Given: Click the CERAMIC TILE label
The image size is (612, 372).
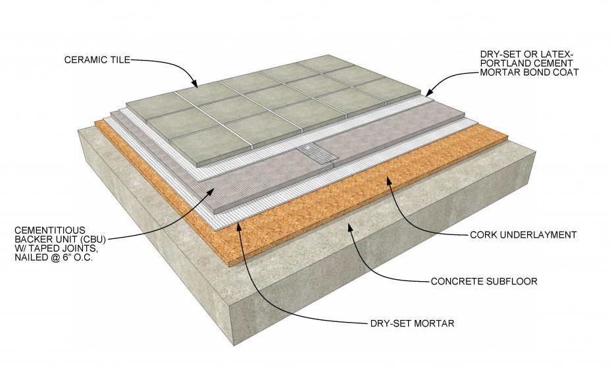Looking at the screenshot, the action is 97,60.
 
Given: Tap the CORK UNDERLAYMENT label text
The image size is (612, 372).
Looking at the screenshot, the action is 523,235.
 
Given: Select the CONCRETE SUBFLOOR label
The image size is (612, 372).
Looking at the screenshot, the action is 484,281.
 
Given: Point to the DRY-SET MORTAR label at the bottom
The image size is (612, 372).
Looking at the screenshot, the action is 412,323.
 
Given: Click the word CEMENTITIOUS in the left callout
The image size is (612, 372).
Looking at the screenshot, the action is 49,230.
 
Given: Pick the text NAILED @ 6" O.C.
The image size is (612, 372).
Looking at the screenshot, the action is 53,257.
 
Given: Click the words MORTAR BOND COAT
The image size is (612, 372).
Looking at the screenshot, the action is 529,72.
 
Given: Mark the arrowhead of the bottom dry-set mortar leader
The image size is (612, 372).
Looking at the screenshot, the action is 238,225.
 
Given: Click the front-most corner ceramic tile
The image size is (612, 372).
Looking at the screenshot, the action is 211,148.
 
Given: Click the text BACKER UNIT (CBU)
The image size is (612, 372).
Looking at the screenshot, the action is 60,239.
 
